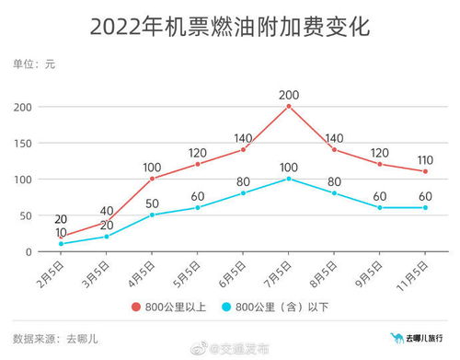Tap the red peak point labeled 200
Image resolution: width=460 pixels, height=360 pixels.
(289, 106)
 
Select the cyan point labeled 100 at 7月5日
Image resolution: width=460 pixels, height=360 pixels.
(289, 179)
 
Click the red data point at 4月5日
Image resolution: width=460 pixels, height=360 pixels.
(153, 179)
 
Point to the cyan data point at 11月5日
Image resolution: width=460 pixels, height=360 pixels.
(425, 207)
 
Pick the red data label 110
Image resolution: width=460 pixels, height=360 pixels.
(425, 158)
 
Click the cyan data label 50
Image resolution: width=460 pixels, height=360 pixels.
(153, 203)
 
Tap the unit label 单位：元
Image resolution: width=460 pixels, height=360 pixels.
(34, 64)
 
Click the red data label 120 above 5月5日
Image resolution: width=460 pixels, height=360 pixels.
(198, 152)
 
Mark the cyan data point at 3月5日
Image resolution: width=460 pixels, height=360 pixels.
(108, 237)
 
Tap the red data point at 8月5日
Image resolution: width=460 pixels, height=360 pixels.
(334, 149)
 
